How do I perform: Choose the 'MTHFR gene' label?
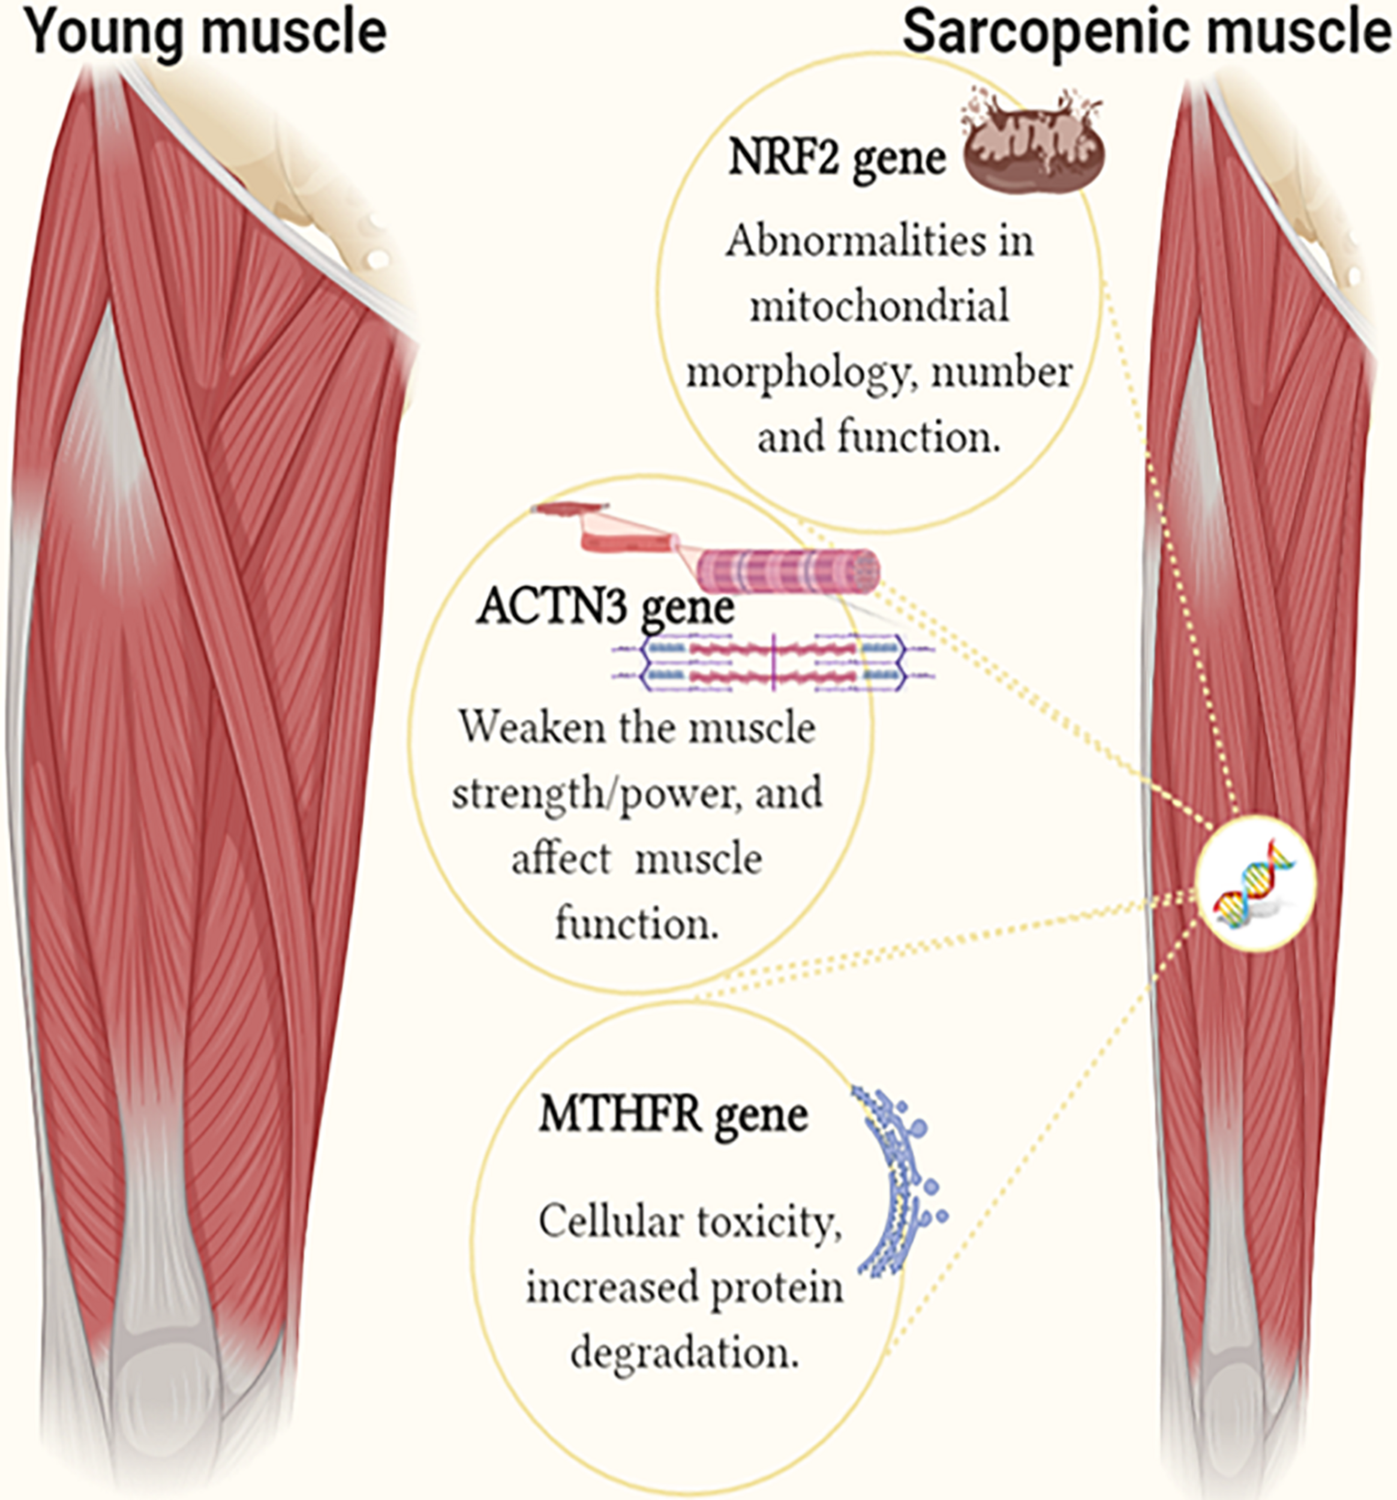[673, 1116]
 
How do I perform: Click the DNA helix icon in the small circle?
[1254, 882]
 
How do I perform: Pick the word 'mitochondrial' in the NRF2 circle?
[879, 307]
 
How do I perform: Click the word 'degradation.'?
[684, 1353]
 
